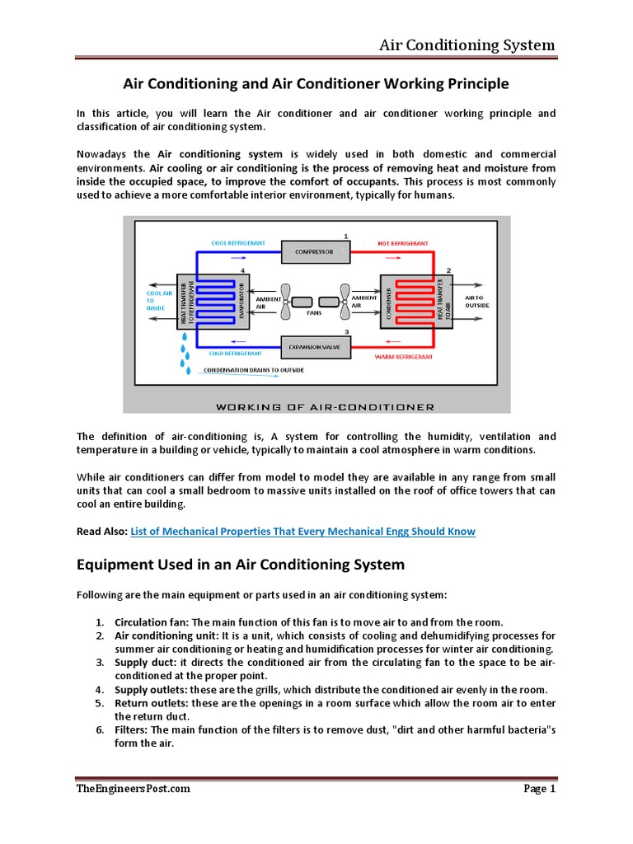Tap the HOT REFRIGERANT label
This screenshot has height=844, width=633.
(x=403, y=243)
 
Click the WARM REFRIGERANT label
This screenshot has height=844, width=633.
(x=403, y=357)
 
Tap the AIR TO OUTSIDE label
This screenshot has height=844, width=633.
(x=477, y=301)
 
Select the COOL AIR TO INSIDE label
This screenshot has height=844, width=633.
(x=157, y=301)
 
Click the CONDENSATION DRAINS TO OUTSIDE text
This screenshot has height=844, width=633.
(x=253, y=370)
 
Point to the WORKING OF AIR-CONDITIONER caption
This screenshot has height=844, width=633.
(x=325, y=406)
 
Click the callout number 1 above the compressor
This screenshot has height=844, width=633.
(x=346, y=236)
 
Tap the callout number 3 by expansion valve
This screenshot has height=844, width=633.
(x=346, y=331)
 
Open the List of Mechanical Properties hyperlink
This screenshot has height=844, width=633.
(x=303, y=532)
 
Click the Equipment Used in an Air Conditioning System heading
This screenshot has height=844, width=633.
(x=241, y=565)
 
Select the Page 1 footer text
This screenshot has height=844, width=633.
(x=540, y=789)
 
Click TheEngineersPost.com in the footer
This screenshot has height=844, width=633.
(x=134, y=789)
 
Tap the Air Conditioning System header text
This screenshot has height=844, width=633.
(x=467, y=45)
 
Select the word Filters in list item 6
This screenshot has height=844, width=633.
(x=132, y=729)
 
